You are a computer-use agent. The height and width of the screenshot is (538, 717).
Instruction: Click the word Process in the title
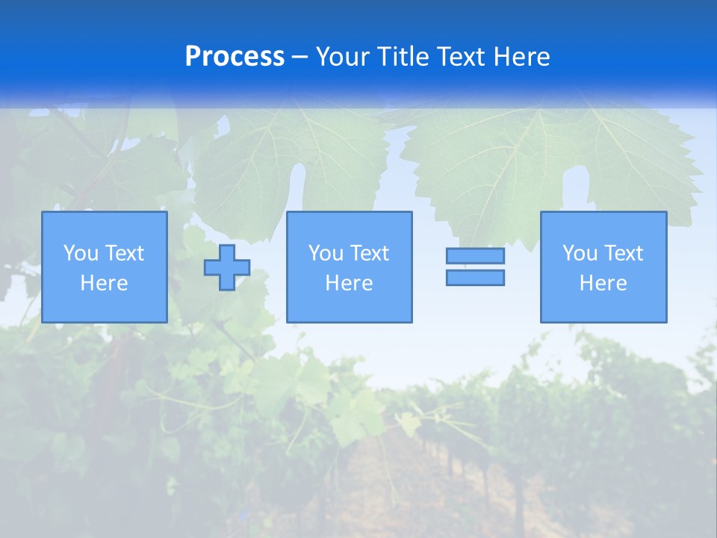pos(235,57)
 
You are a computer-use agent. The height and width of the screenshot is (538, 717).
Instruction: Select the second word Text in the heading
pos(464,57)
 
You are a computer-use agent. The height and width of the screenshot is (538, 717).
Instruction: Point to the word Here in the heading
pos(523,57)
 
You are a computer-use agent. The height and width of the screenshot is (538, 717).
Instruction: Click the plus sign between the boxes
pos(227,268)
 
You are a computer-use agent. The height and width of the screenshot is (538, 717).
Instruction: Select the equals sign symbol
pos(475,267)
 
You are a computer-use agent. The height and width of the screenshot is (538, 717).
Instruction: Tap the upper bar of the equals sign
pos(475,256)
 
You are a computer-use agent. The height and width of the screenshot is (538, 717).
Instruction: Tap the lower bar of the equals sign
pos(475,278)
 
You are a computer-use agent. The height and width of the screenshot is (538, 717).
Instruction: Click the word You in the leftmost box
pos(81,253)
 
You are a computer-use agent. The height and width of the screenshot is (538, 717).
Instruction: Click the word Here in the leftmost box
pos(105,283)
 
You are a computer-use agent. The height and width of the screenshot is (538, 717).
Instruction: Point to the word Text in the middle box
pos(370,253)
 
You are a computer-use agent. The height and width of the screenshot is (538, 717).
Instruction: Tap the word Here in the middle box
pos(350,283)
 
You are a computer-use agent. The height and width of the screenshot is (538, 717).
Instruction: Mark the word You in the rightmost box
pos(580,253)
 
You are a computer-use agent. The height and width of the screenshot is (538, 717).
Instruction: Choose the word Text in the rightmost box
pos(624,253)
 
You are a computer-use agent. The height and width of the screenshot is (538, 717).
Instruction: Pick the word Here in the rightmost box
pos(603,283)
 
